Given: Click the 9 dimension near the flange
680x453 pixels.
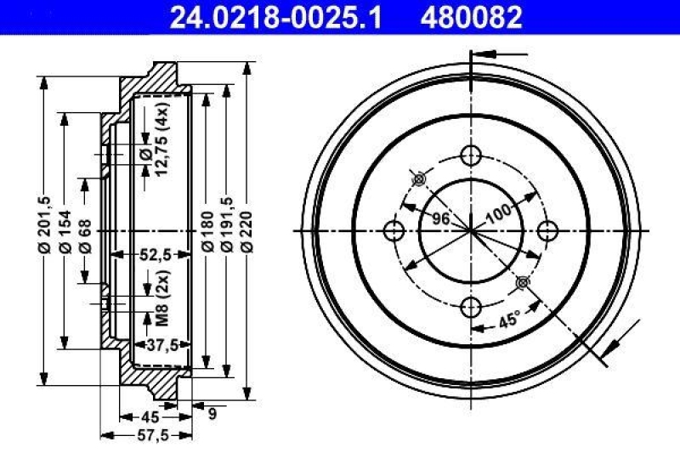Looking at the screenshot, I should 212,414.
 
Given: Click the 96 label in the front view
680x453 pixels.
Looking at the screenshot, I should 439,218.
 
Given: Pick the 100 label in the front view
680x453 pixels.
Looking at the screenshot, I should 499,212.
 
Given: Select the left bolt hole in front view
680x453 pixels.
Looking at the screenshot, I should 393,230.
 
